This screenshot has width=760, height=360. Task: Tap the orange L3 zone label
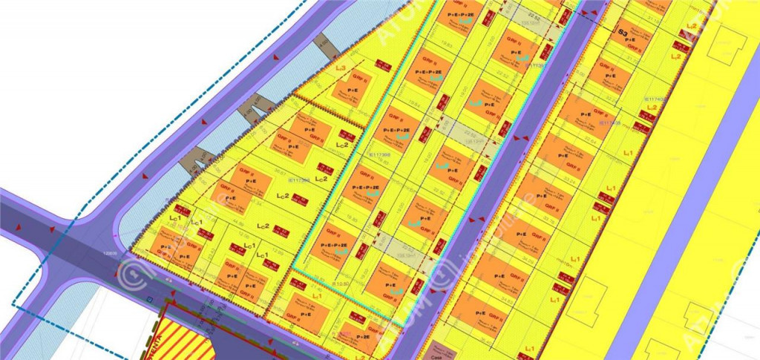[341, 68]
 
